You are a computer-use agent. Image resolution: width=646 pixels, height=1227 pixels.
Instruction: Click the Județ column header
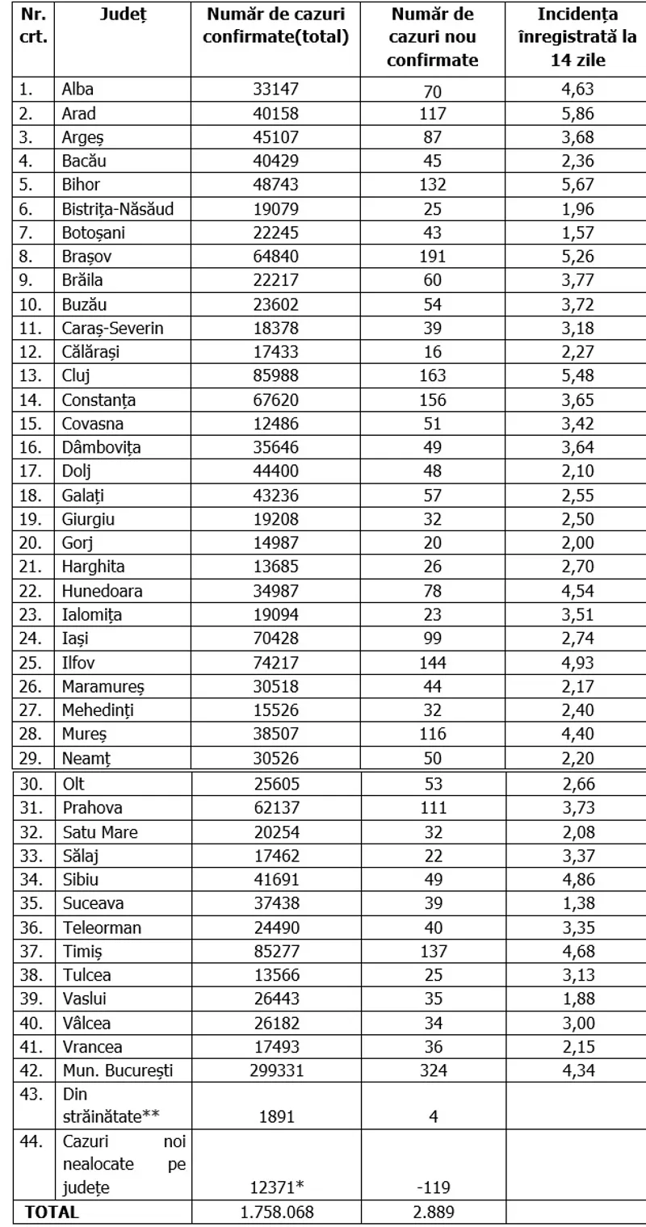[x=121, y=15]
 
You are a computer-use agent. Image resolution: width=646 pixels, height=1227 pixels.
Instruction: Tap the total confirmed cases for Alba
[x=275, y=90]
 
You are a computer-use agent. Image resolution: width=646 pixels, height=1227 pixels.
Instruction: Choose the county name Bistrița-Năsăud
[x=118, y=209]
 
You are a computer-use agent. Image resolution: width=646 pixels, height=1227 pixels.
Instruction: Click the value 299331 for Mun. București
[x=275, y=1070]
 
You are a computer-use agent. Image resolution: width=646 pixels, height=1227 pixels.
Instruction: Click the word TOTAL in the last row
[x=52, y=1212]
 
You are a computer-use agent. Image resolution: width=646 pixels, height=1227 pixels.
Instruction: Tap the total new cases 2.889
[x=432, y=1212]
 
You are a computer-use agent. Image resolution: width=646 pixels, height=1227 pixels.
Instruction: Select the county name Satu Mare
[x=99, y=831]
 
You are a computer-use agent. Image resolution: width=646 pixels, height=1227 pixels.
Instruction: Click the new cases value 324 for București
[x=432, y=1070]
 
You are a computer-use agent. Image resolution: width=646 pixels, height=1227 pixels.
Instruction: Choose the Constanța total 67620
[x=275, y=400]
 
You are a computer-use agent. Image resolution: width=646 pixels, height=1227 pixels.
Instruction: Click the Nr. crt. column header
[x=34, y=26]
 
